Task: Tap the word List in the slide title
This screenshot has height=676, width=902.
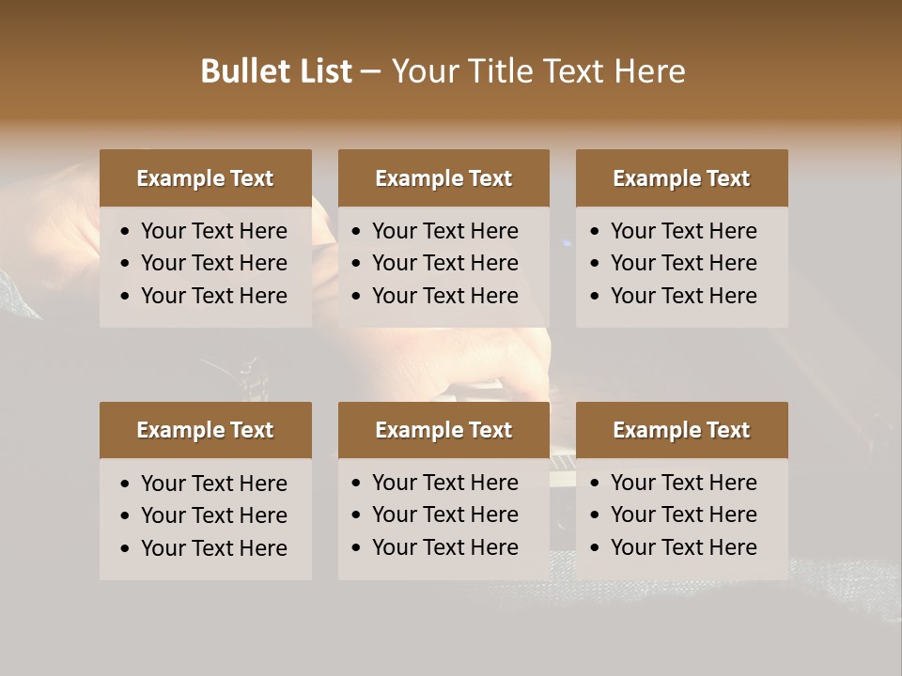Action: coord(323,71)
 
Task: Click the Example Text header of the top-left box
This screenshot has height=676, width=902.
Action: coord(205,178)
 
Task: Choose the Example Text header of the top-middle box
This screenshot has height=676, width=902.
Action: coord(443,178)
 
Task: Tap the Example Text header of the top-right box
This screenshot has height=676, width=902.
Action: coord(681,178)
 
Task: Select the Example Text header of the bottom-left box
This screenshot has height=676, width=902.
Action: coord(205,430)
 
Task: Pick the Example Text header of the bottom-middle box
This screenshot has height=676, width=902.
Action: coord(443,430)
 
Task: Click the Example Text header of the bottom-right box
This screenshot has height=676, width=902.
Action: coord(681,430)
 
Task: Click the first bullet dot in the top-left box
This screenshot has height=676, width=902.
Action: coord(126,232)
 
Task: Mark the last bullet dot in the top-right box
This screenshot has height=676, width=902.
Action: coord(596,297)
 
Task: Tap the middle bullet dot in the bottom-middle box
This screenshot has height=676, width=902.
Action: coord(357,515)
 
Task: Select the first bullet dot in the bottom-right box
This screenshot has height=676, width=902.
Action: coord(596,484)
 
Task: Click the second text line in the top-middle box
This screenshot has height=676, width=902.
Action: coord(444,263)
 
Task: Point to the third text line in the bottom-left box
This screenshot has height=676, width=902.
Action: coord(213,548)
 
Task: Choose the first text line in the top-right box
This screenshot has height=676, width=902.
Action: coord(683,231)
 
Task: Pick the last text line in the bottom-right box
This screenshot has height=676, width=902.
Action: coord(683,547)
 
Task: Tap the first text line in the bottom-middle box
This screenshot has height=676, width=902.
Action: coord(444,483)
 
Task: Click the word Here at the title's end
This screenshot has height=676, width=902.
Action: coord(649,71)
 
